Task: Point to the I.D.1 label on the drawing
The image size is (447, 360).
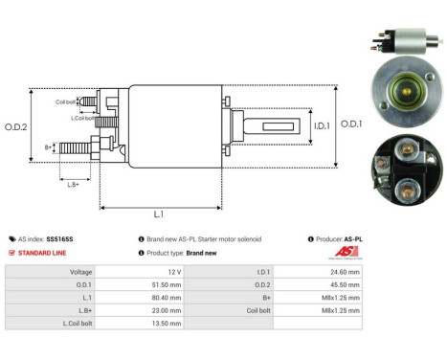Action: pyautogui.click(x=296, y=124)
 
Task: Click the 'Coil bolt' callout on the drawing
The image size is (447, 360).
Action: pyautogui.click(x=65, y=101)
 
